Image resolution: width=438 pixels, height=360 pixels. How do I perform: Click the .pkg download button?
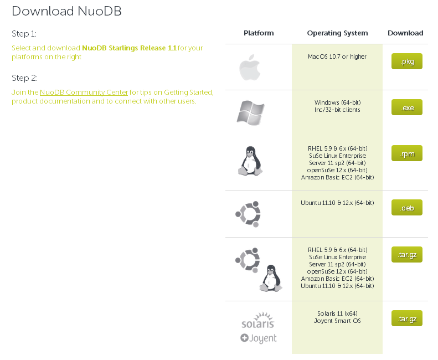406,61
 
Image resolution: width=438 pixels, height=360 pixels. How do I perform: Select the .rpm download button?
406,153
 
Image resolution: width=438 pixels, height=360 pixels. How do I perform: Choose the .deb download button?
406,208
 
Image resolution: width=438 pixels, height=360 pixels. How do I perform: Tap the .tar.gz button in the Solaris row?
406,318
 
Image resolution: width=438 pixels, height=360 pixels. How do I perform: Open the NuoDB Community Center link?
84,92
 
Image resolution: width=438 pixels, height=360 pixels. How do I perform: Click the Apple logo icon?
249,68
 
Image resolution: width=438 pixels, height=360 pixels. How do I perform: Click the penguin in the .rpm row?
250,161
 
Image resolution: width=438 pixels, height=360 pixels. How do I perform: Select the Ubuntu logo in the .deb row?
248,214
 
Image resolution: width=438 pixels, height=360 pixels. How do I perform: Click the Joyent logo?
258,338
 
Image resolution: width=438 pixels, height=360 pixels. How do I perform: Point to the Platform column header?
259,33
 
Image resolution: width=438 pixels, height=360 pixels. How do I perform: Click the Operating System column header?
337,33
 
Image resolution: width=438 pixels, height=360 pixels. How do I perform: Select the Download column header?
405,33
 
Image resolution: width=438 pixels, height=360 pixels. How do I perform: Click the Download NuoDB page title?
66,11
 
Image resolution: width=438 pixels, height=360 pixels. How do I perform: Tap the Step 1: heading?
24,34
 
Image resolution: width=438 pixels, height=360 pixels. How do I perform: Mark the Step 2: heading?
24,78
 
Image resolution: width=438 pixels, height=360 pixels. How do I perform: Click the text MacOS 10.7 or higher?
337,56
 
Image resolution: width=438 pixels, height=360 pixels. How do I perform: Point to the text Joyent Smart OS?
337,321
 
